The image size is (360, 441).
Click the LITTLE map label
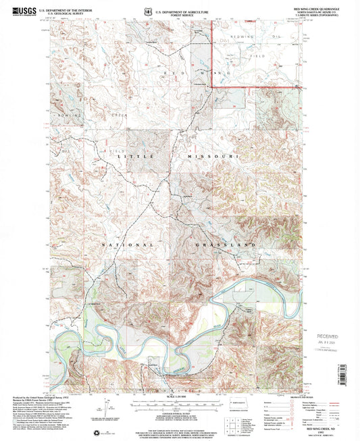click(132, 156)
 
